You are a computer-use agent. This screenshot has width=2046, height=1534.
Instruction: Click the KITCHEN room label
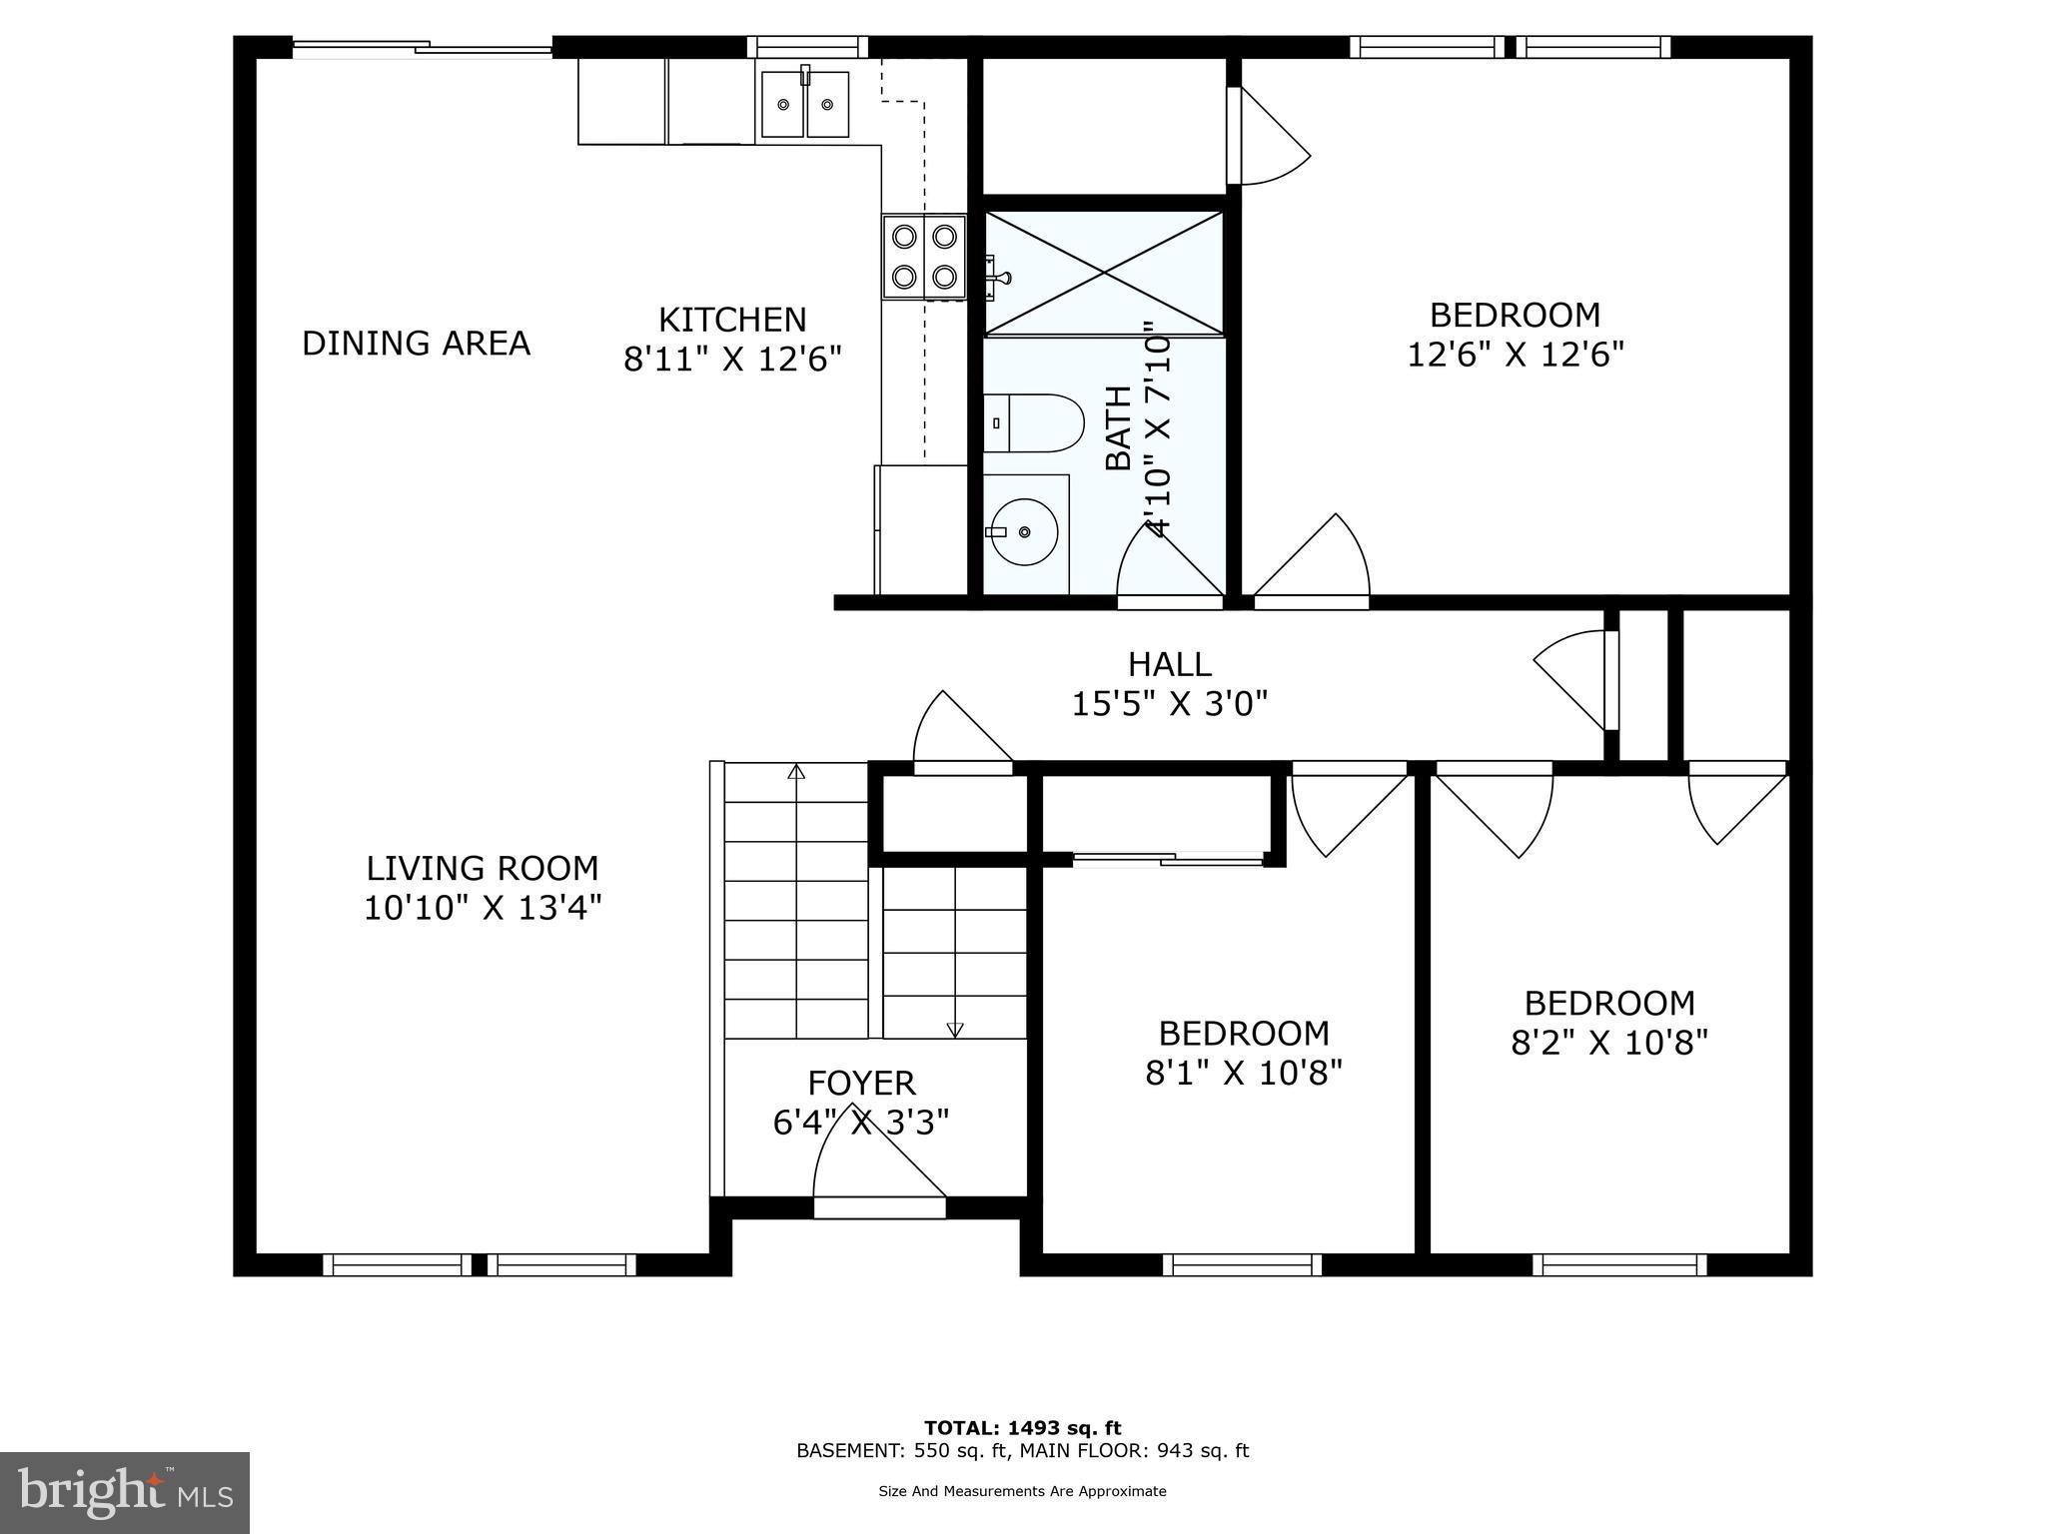pyautogui.click(x=732, y=320)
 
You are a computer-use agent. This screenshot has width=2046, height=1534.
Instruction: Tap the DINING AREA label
pyautogui.click(x=416, y=344)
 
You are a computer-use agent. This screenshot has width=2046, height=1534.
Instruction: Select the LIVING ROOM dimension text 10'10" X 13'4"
pyautogui.click(x=483, y=909)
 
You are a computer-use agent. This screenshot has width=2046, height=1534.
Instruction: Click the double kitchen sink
pyautogui.click(x=804, y=104)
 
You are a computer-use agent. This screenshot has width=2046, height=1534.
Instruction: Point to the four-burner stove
pyautogui.click(x=924, y=256)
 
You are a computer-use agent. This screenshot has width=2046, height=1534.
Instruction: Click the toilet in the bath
pyautogui.click(x=1034, y=423)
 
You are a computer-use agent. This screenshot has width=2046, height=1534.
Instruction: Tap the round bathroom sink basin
pyautogui.click(x=1024, y=532)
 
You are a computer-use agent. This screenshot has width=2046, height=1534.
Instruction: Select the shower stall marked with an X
pyautogui.click(x=1104, y=273)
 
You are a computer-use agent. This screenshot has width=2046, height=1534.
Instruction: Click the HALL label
pyautogui.click(x=1169, y=664)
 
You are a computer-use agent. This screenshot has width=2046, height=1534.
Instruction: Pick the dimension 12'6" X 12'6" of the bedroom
pyautogui.click(x=1516, y=355)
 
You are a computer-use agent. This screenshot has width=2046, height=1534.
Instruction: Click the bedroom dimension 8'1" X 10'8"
pyautogui.click(x=1244, y=1073)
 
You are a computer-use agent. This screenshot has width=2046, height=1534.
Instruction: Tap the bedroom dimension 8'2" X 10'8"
pyautogui.click(x=1609, y=1043)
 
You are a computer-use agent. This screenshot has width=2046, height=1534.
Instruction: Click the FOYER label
pyautogui.click(x=861, y=1083)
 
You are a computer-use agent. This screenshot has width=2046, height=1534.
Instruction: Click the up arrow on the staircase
pyautogui.click(x=796, y=772)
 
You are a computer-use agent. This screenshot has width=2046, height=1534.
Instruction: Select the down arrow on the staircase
pyautogui.click(x=955, y=1029)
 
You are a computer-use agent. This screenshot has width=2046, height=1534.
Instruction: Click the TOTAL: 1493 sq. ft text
pyautogui.click(x=1022, y=1428)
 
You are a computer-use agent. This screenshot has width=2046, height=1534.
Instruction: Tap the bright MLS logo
pyautogui.click(x=125, y=1492)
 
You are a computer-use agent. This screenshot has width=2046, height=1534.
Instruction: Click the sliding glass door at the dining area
pyautogui.click(x=422, y=47)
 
